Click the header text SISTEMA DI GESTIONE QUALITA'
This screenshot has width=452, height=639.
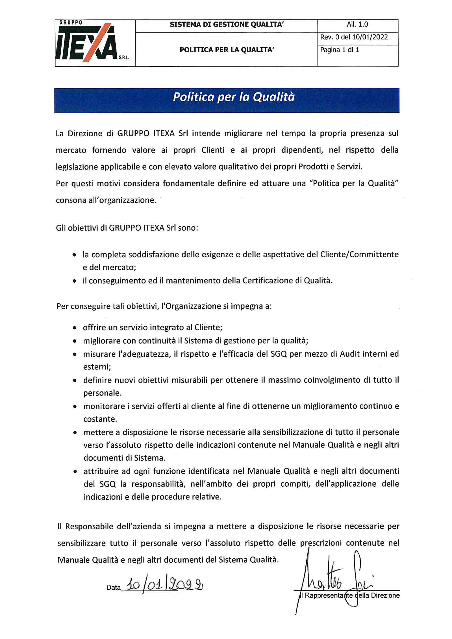pos(227,25)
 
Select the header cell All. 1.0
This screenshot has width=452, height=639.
pos(357,25)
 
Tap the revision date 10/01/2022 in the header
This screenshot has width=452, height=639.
pos(370,37)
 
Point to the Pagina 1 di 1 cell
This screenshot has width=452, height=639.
pos(340,50)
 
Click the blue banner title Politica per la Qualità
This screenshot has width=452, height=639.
pos(234,97)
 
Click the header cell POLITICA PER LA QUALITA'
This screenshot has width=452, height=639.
pos(227,50)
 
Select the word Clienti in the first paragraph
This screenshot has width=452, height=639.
pos(213,150)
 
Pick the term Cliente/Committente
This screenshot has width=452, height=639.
pos(359,255)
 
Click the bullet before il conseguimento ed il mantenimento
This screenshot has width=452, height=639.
pos(74,281)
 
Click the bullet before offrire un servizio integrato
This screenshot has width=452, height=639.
pos(74,328)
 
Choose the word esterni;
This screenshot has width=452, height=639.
pos(97,367)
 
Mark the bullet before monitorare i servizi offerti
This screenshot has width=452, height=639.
pos(75,407)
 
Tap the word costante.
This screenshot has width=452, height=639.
pos(100,419)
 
